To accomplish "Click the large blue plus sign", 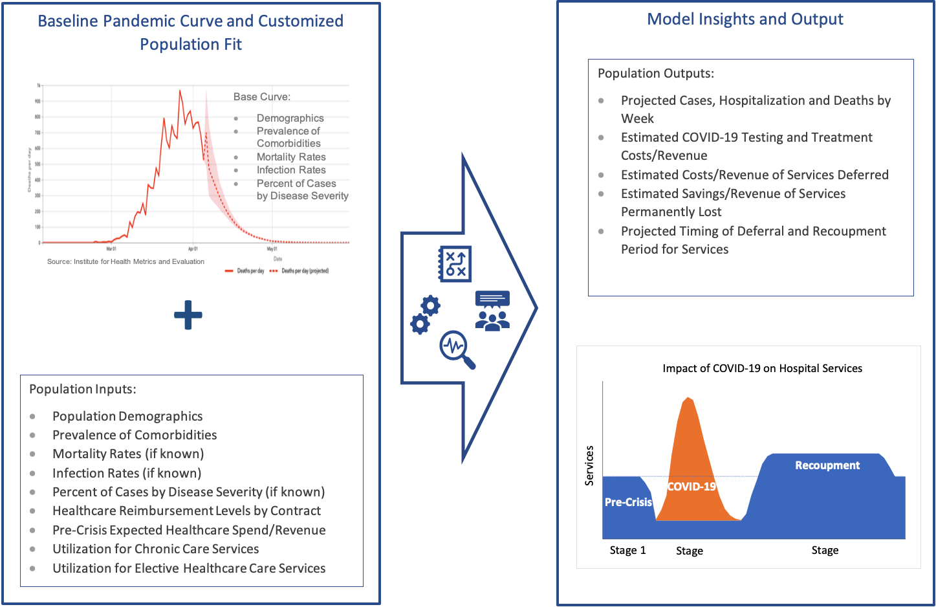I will point(188,315).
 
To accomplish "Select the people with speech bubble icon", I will point(492,311).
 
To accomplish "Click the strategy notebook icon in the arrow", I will point(455,264).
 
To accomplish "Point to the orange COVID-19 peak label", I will point(691,487).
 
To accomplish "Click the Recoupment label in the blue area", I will point(827,465).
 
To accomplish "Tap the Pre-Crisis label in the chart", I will point(628,502).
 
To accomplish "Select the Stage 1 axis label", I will point(627,550).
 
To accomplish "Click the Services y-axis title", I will point(589,465).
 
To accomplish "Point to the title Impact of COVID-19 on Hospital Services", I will point(762,368).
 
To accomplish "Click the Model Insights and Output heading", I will point(745,19).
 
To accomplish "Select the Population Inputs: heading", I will point(83,389).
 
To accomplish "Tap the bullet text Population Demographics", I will point(127,416).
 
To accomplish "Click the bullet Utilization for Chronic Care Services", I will point(155,549).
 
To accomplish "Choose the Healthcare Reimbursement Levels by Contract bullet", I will point(186,511).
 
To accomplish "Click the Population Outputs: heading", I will point(655,73).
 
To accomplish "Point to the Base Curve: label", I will point(261,96).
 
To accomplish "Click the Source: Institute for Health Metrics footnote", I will point(125,261).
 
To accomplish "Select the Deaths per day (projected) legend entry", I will point(300,271).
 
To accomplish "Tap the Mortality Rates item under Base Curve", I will point(291,157).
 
